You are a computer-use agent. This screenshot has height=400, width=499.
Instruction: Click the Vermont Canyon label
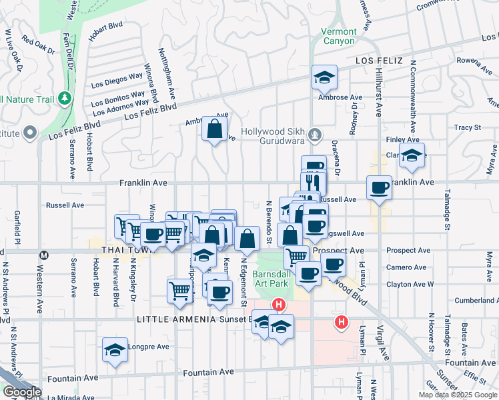pos(338,36)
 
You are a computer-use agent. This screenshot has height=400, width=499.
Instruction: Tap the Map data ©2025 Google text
pos(458,395)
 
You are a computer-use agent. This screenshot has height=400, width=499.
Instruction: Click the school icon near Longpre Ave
pos(115,350)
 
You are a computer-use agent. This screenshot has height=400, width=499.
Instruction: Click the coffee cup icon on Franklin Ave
pos(379,187)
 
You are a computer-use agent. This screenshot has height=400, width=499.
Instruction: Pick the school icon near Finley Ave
pos(413,156)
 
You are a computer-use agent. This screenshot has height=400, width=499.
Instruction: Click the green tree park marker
pos(65,99)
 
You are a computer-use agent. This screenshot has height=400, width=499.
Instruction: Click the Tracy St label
pos(467,127)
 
